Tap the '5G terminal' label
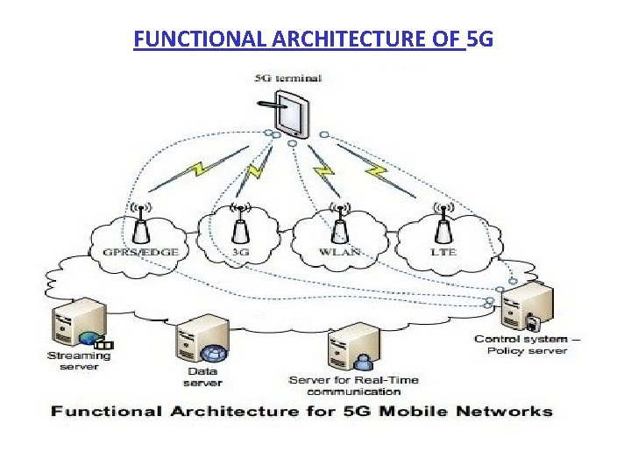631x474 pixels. click(288, 77)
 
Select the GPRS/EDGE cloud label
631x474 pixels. click(142, 252)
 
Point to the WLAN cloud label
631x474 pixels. click(340, 252)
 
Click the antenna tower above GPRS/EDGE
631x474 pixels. click(140, 224)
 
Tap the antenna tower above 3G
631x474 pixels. click(239, 224)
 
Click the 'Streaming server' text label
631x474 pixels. click(79, 361)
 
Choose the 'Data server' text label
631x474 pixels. click(202, 377)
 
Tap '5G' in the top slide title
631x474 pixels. click(481, 39)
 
